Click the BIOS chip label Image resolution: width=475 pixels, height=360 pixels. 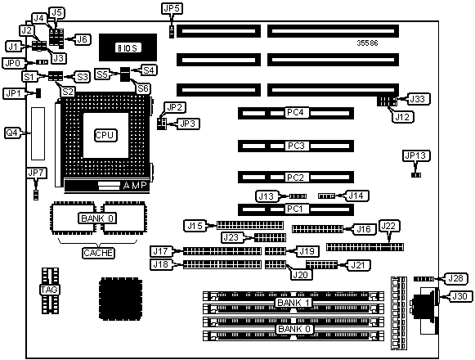click(x=128, y=48)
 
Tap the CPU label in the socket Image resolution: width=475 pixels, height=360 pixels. click(x=105, y=135)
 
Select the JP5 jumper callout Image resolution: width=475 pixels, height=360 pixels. click(x=172, y=8)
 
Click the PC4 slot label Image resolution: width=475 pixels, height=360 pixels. click(x=295, y=113)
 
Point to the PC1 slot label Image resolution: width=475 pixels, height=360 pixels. click(x=295, y=209)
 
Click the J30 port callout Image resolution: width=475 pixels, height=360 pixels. click(x=459, y=296)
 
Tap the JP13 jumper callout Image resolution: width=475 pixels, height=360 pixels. click(x=416, y=155)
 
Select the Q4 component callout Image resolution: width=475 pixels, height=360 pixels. click(x=12, y=133)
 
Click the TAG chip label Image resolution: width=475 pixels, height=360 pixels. click(x=49, y=290)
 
